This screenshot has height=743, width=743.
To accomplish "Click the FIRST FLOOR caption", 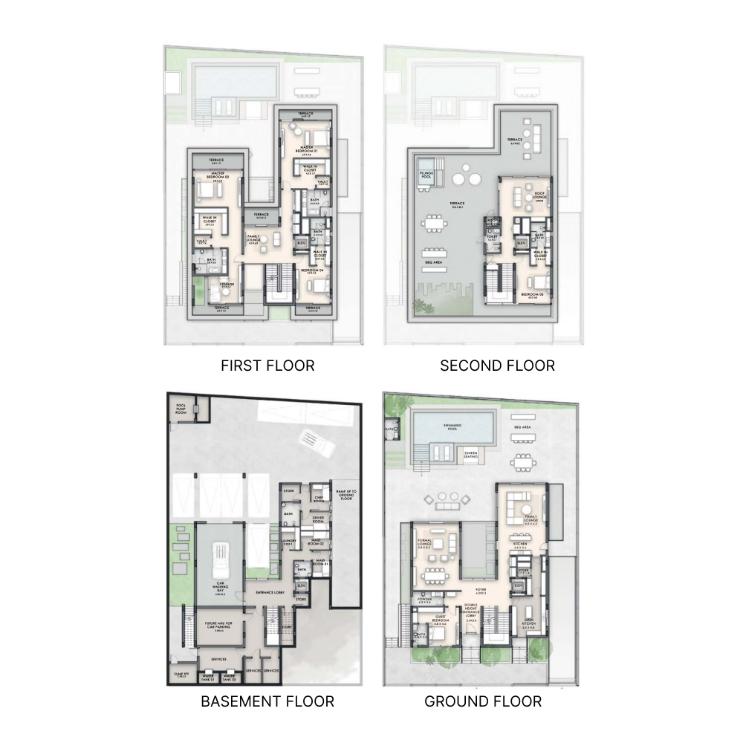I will pyautogui.click(x=267, y=366).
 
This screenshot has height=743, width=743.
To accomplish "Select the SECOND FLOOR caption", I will pyautogui.click(x=497, y=366).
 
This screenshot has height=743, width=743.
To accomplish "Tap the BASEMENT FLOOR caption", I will pyautogui.click(x=267, y=701).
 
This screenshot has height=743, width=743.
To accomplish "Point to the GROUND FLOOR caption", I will pyautogui.click(x=483, y=701).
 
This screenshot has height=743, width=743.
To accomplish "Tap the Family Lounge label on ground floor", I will pyautogui.click(x=531, y=522).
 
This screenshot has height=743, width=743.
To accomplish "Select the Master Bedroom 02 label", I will pyautogui.click(x=218, y=175).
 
